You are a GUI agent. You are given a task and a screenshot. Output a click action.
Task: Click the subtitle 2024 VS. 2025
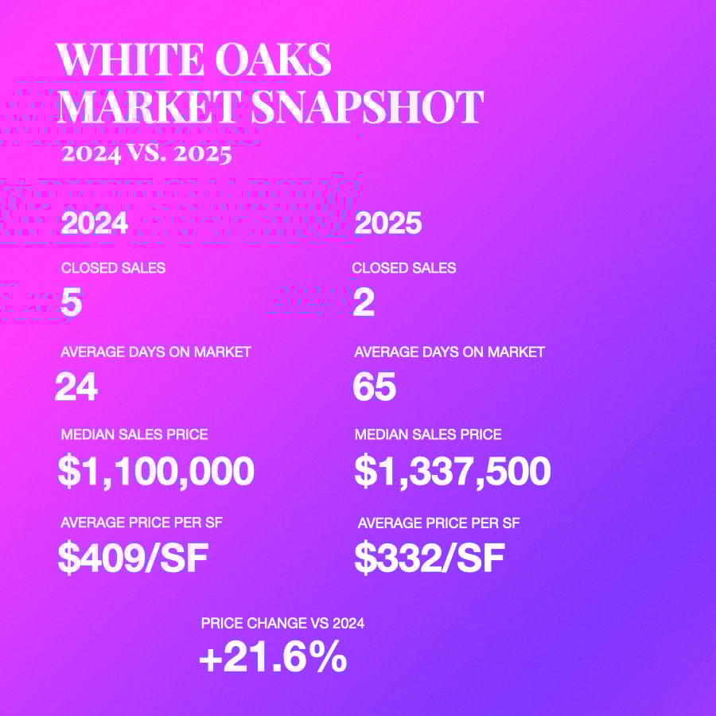pos(146,152)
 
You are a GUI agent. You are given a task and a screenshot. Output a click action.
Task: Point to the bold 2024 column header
pos(94,224)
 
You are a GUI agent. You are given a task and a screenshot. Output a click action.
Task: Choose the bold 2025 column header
pos(387,224)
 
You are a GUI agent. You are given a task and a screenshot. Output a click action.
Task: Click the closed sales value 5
pos(71,303)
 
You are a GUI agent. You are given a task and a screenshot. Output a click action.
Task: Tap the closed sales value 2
pos(364,303)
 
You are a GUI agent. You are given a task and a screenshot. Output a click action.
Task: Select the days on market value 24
pos(76,387)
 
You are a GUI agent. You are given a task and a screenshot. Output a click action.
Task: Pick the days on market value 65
pos(375,387)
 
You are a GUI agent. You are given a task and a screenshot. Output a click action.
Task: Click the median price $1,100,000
pos(156,472)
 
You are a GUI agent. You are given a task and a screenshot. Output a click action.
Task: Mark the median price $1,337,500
pos(452,472)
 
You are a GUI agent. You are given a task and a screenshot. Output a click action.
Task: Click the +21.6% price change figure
pos(272,659)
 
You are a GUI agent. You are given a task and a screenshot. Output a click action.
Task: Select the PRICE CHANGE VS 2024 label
pos(282,624)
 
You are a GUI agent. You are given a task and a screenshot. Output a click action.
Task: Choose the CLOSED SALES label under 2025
pos(404,268)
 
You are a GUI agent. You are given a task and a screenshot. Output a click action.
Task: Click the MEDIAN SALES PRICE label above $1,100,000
pos(134,434)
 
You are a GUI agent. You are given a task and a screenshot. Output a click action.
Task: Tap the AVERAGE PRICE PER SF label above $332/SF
pos(439,523)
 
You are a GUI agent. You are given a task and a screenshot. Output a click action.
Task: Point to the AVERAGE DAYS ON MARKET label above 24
pos(156,352)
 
